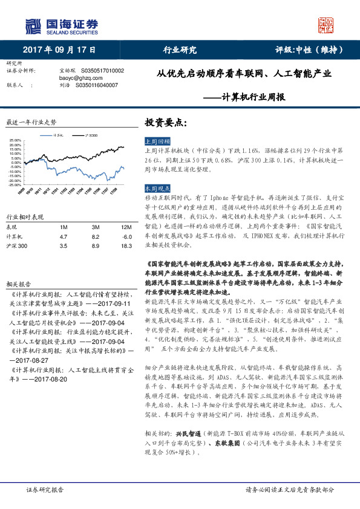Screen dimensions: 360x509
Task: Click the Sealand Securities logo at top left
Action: pos(61,26)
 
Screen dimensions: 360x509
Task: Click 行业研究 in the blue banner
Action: pos(180,50)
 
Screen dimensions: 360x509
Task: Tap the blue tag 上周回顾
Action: pos(157,140)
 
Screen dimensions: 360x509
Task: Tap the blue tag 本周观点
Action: pos(157,189)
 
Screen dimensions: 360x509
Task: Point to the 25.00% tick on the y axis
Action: pos(16,140)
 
